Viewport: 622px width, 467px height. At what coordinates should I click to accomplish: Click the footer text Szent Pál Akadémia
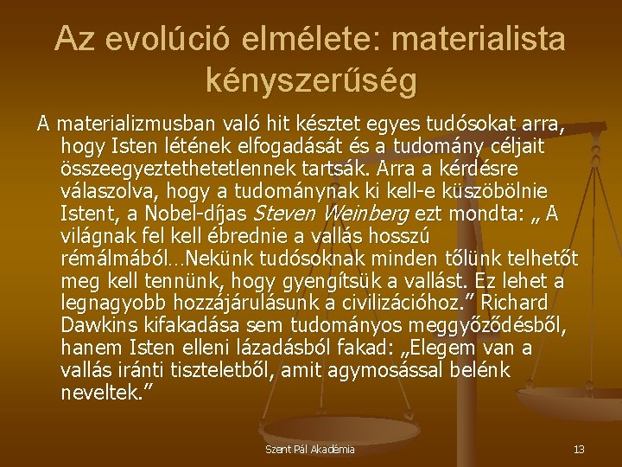click(310, 450)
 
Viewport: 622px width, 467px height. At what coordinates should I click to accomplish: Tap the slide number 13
click(578, 450)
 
